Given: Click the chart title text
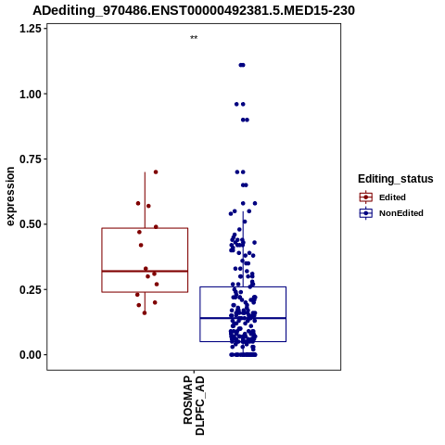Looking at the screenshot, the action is (194, 11).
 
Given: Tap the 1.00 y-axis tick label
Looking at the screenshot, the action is (31, 94).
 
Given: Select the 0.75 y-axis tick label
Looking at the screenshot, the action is (31, 159).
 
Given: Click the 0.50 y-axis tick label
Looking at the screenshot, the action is (31, 224).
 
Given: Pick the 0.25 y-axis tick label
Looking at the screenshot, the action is (31, 289).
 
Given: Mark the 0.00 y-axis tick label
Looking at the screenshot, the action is (31, 355).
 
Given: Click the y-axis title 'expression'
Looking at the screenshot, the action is (10, 197).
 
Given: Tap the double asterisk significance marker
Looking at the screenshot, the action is (194, 38).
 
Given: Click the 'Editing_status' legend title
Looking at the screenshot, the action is (396, 179).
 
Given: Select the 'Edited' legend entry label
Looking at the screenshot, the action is (392, 197).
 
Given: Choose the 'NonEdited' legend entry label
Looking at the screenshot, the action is (401, 213).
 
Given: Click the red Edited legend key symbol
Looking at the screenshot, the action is (366, 197).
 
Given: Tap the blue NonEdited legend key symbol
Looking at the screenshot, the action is (366, 213).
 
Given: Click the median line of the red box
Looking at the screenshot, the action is (145, 271).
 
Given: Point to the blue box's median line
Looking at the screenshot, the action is (243, 318).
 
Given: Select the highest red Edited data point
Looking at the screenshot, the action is (156, 172).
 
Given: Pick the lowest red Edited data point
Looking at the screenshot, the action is (145, 313).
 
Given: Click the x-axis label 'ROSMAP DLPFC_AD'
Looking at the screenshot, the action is (194, 405).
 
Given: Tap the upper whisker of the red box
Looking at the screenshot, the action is (145, 200).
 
